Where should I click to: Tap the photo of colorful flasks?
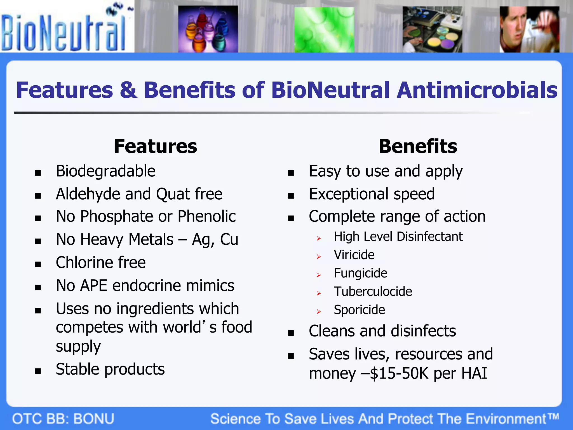208,29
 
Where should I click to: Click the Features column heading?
156,146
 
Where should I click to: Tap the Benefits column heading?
418,146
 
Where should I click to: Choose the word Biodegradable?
105,171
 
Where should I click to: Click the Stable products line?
110,369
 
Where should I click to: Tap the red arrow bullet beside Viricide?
319,257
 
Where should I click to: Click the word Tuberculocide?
373,292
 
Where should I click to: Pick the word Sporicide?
359,310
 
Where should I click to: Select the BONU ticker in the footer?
94,419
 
